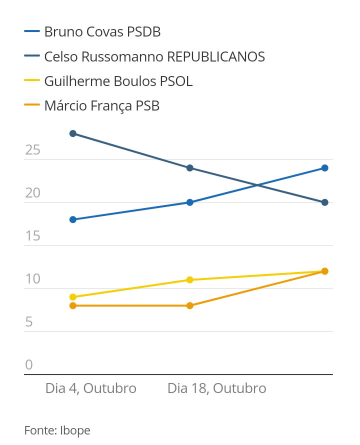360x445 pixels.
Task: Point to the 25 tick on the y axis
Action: (x=32, y=150)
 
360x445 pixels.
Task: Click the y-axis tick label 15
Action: (x=32, y=236)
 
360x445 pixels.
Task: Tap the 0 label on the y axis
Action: (x=29, y=365)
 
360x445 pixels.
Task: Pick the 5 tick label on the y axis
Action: (x=29, y=322)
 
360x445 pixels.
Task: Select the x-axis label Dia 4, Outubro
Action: (x=91, y=388)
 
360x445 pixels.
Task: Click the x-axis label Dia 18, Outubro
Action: (x=216, y=388)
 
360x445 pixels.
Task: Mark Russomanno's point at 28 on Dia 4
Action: (x=73, y=133)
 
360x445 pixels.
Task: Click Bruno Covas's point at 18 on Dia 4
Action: (x=73, y=219)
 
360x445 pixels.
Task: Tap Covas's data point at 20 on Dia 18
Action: (x=190, y=202)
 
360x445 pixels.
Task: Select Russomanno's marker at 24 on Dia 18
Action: (x=190, y=168)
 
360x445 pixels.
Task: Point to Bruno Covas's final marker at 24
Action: (x=325, y=168)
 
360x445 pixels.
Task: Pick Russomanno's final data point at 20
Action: (x=325, y=202)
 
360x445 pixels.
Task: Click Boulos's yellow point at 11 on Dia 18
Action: (x=190, y=280)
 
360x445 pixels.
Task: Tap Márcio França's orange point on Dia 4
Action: (x=73, y=305)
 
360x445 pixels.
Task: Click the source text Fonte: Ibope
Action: (x=57, y=430)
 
